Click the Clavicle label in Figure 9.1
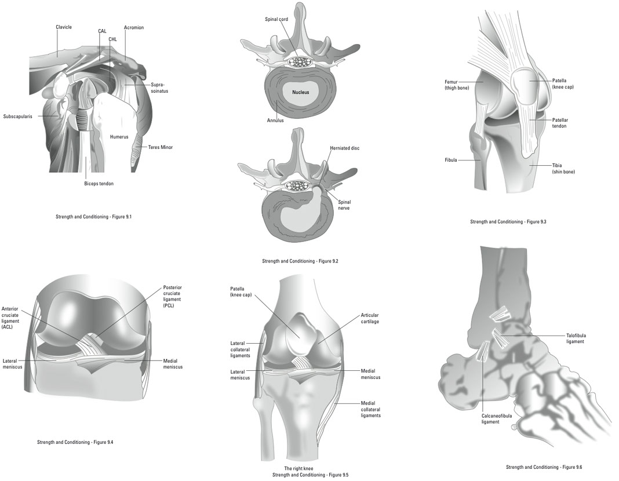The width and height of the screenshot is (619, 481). (64, 27)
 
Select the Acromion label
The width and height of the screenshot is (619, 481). (133, 27)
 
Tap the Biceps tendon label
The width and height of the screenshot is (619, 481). (99, 184)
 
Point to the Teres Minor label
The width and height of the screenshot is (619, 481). (161, 147)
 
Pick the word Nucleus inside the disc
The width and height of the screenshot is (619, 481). (300, 92)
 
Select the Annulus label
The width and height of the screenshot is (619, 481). (275, 121)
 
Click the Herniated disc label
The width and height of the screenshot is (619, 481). (344, 148)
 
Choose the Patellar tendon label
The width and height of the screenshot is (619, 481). (559, 122)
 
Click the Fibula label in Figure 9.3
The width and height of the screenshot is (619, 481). (451, 159)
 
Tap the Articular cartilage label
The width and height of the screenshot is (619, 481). (370, 318)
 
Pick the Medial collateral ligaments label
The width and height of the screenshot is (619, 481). (370, 409)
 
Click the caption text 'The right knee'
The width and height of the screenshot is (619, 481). (298, 468)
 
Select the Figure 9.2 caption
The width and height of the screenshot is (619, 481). (300, 261)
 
